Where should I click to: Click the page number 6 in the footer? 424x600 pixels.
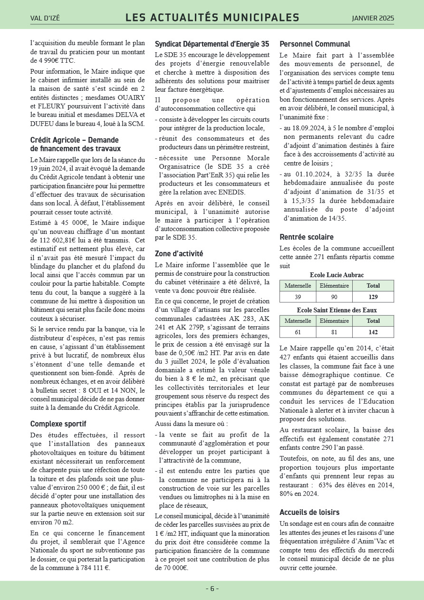point(212,589)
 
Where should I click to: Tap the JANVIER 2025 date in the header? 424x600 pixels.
point(373,18)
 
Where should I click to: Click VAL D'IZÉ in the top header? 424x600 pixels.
point(45,19)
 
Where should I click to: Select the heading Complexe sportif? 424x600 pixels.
point(58,424)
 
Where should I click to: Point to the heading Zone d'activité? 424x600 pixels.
point(179,253)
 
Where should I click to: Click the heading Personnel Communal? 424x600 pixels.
point(315,44)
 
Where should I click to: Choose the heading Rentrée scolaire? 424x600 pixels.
point(307,237)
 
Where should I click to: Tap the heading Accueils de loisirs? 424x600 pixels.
point(309,512)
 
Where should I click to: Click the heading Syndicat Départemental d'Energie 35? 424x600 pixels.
point(212,44)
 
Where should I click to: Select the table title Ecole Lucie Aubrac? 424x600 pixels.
point(337,275)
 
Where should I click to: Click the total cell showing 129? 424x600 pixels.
point(373,297)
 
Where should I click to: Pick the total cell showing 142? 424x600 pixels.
point(373,332)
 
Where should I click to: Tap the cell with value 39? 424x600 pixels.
point(298,297)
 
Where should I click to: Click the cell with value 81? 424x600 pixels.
point(334,332)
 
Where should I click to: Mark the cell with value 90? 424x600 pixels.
point(334,297)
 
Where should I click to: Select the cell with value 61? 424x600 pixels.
point(298,332)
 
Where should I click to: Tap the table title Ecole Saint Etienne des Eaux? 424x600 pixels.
point(337,310)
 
